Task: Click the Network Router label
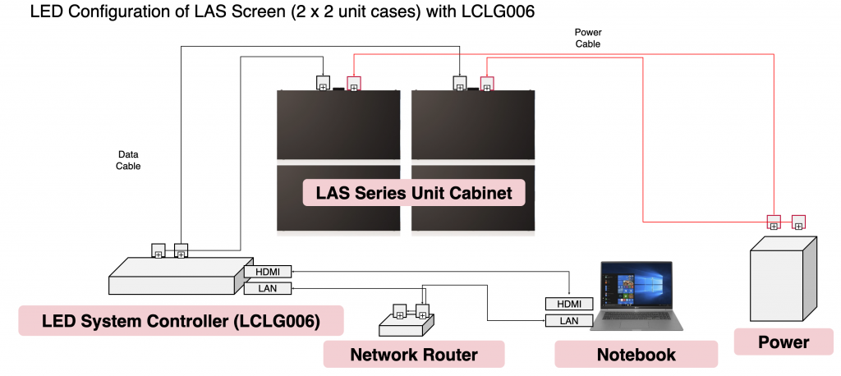click(x=414, y=355)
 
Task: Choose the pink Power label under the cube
click(x=784, y=342)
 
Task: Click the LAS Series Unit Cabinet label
click(x=415, y=194)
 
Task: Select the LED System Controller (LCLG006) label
click(x=180, y=320)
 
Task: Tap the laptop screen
click(x=636, y=291)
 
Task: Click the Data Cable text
click(x=127, y=160)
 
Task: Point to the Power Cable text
click(x=587, y=39)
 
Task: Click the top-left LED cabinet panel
click(x=338, y=124)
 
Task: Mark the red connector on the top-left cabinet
click(x=353, y=84)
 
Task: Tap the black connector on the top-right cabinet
click(x=460, y=83)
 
